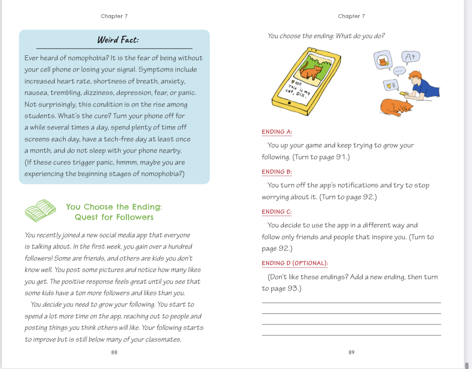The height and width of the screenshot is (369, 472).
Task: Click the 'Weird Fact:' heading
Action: pos(118,40)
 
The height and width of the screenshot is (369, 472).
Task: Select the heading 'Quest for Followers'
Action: pos(114,217)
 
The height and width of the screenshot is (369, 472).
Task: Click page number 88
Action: pos(114,353)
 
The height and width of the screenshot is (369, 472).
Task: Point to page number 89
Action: pos(352,353)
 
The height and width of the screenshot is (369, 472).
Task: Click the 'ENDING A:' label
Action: pos(277,132)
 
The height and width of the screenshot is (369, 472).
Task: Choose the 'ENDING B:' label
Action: pos(277,172)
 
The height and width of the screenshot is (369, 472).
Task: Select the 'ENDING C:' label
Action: pos(277,212)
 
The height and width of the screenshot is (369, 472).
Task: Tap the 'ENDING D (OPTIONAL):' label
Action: pos(295,263)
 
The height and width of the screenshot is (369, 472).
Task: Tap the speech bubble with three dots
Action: pos(399,71)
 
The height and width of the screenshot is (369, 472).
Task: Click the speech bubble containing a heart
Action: pos(391,86)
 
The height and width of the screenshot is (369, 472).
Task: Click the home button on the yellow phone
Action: pos(289,103)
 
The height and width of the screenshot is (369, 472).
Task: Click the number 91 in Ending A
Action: pos(340,157)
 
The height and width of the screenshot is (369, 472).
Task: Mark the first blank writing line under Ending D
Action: pos(351,302)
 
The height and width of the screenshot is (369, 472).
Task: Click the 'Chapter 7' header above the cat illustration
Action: pos(351,16)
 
